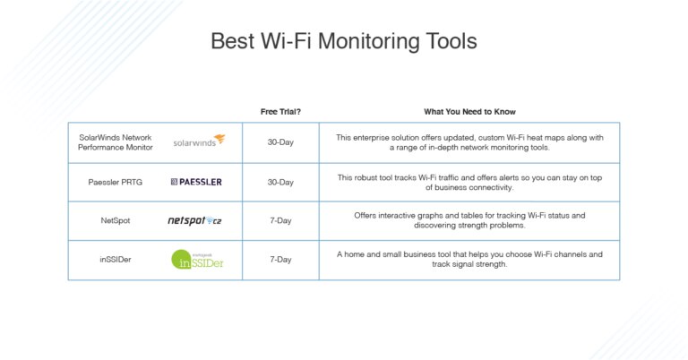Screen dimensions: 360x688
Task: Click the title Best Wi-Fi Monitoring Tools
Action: pos(343,41)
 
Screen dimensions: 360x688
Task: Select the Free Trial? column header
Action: pos(280,112)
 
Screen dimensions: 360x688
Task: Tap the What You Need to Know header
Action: pos(469,112)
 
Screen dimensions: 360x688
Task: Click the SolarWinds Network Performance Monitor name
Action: pos(116,141)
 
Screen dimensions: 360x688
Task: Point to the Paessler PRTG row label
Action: pos(116,182)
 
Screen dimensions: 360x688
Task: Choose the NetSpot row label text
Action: pos(116,220)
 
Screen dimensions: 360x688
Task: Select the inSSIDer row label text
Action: pos(116,260)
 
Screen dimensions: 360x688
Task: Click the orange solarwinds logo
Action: pos(199,141)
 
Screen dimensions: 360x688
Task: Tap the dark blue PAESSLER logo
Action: pos(196,182)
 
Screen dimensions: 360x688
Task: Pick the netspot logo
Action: pos(194,220)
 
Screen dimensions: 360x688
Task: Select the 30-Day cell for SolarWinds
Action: pos(280,141)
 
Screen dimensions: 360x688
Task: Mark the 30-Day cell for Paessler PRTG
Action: pos(280,182)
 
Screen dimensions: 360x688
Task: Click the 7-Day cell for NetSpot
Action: pos(280,220)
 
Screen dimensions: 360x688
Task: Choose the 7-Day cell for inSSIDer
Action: pos(280,260)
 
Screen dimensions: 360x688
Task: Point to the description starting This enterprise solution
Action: pos(469,141)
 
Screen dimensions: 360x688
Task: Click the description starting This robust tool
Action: pos(469,182)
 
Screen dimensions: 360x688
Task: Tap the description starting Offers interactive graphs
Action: pos(469,220)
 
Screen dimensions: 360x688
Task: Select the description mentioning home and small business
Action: pos(469,259)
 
